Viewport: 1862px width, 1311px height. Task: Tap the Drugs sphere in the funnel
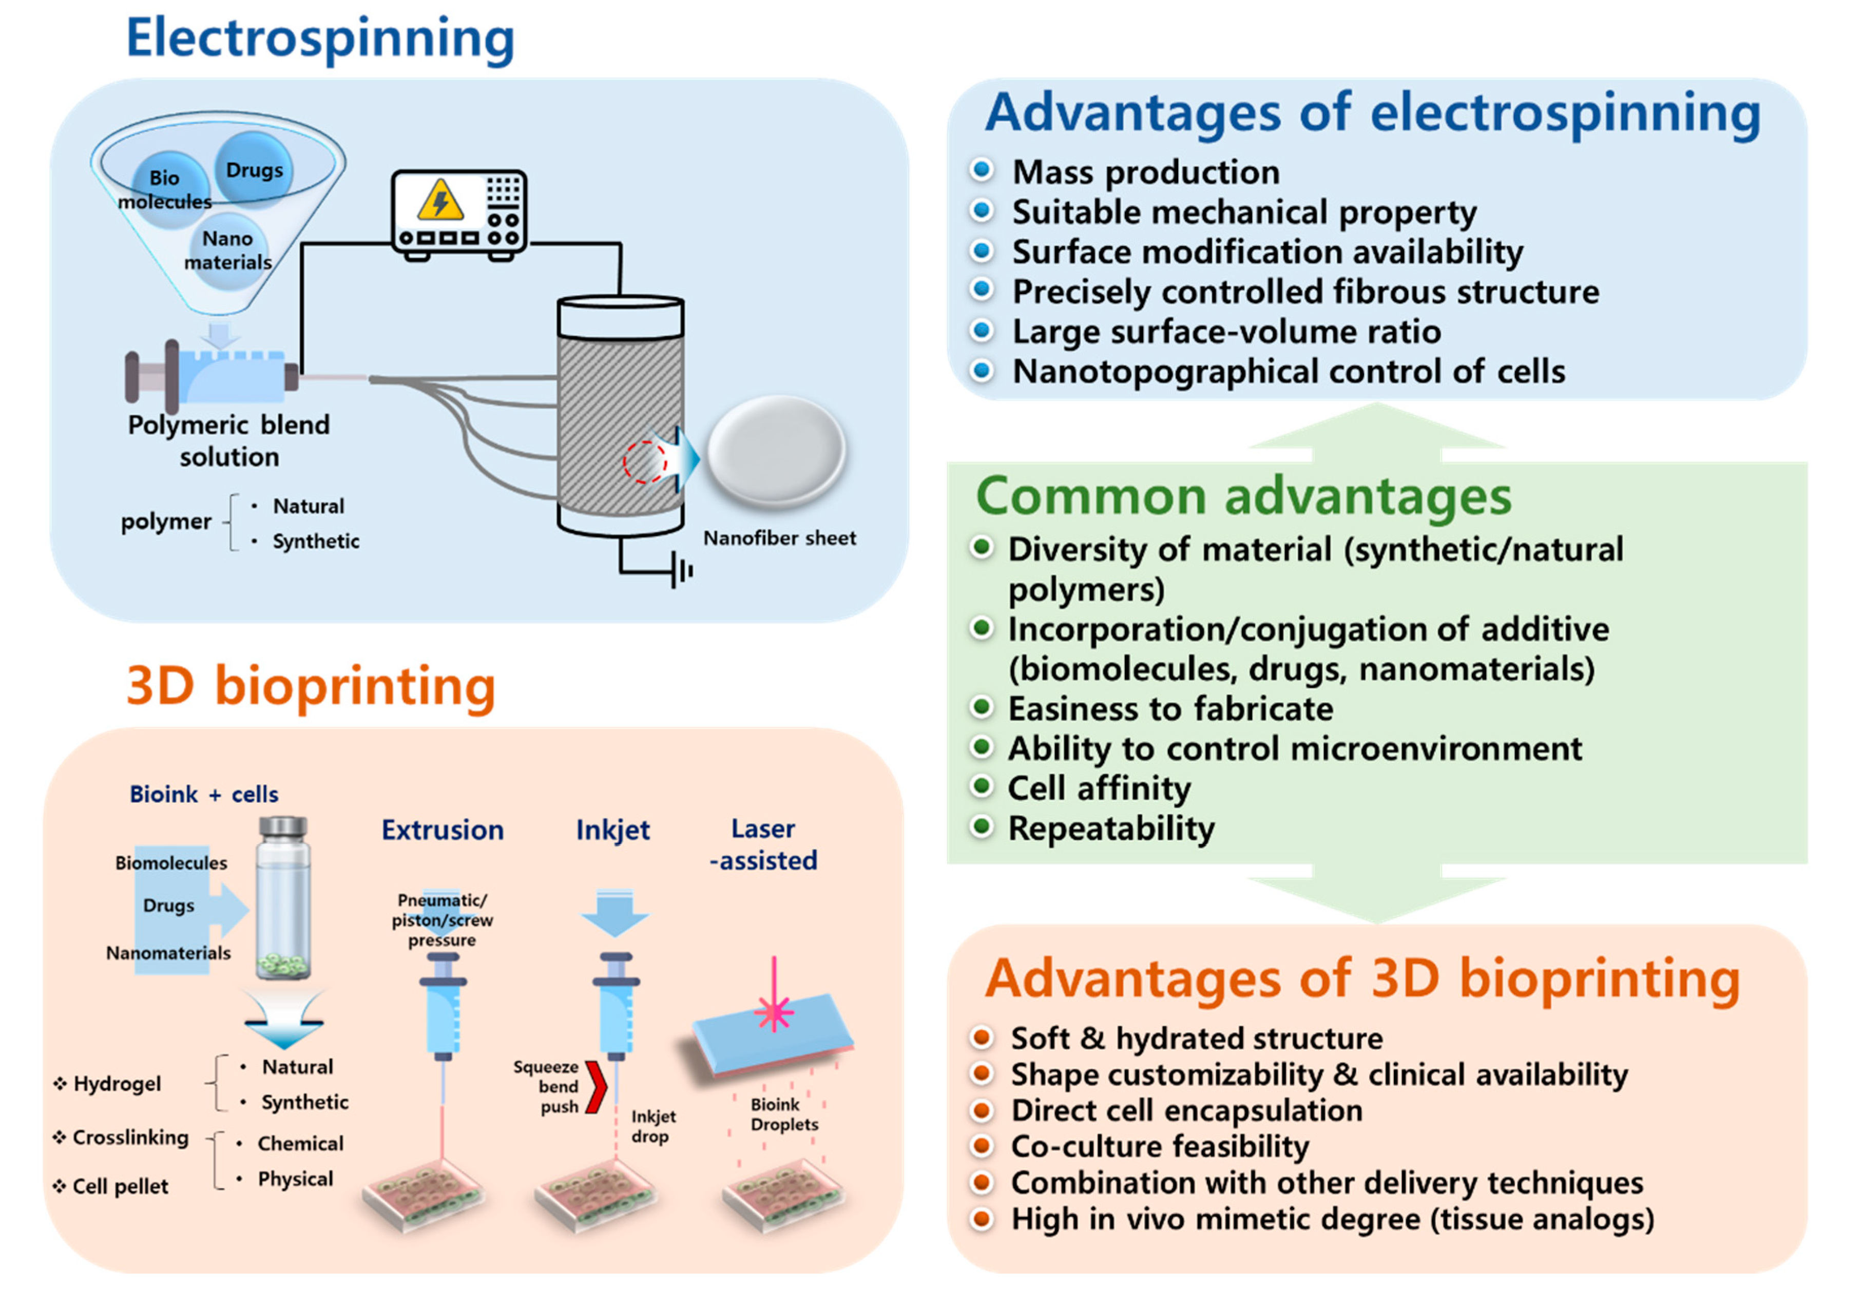(254, 169)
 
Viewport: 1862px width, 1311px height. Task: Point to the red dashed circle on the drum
(645, 462)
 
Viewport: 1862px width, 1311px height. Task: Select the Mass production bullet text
(1145, 172)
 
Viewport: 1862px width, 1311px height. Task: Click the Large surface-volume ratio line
(1226, 332)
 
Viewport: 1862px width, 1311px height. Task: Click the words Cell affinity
(1099, 788)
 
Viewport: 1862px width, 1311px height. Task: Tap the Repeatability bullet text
(1111, 828)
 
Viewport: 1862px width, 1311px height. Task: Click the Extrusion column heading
(443, 830)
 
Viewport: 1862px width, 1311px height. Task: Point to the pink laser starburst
(775, 1012)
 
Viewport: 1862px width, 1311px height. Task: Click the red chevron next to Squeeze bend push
(597, 1086)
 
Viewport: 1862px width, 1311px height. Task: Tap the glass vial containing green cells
(283, 898)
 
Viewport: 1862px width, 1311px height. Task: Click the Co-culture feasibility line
(1160, 1146)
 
